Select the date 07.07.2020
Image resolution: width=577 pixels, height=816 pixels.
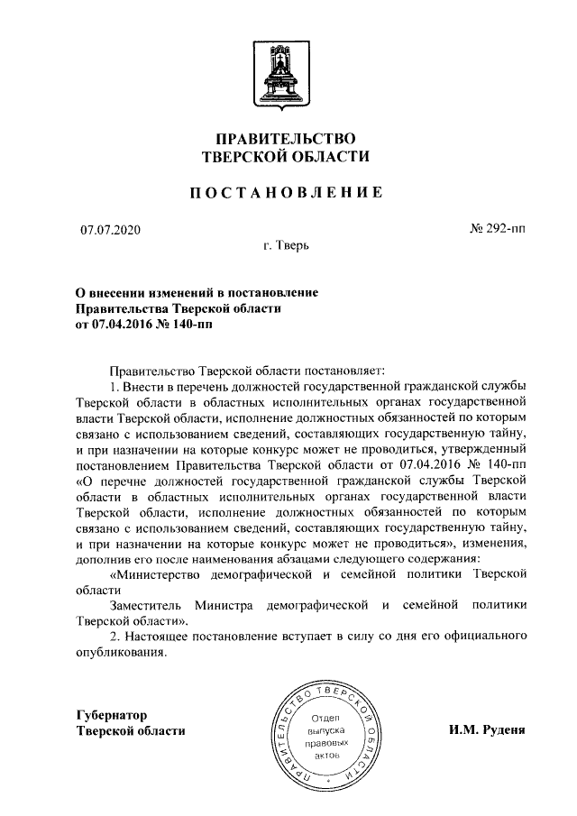pyautogui.click(x=111, y=231)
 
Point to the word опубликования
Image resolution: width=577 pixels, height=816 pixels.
pyautogui.click(x=123, y=653)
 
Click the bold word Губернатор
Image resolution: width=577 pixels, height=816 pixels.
pyautogui.click(x=114, y=715)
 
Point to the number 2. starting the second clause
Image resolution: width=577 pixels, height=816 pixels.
pyautogui.click(x=114, y=637)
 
